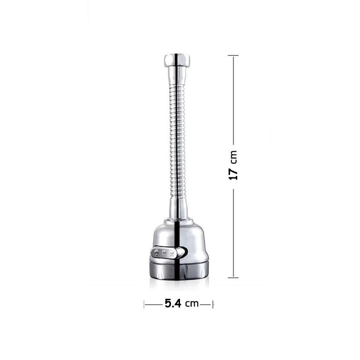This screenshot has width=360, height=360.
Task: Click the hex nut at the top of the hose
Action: click(177, 60)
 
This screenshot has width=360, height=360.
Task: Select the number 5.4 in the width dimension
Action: click(173, 303)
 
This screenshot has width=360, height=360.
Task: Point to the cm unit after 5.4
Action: click(192, 304)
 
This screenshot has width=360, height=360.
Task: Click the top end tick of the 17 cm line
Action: click(233, 55)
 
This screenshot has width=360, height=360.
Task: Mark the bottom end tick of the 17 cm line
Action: click(233, 278)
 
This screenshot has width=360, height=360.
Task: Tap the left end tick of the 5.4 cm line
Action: click(144, 305)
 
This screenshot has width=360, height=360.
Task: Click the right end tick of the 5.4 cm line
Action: click(213, 305)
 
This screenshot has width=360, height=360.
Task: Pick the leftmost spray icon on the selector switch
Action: click(156, 253)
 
